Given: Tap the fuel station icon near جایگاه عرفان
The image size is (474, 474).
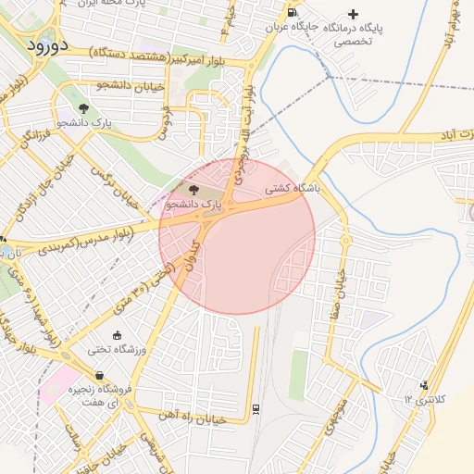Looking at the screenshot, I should click(x=293, y=13).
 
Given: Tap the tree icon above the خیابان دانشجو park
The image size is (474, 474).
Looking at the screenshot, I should click(x=84, y=108).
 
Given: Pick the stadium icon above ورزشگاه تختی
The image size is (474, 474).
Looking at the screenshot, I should click(x=117, y=335).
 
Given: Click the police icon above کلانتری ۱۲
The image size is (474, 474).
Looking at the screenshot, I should click(x=424, y=385).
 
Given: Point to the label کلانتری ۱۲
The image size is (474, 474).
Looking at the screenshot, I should click(x=425, y=399).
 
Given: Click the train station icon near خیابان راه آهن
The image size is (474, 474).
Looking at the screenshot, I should click(x=256, y=408).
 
